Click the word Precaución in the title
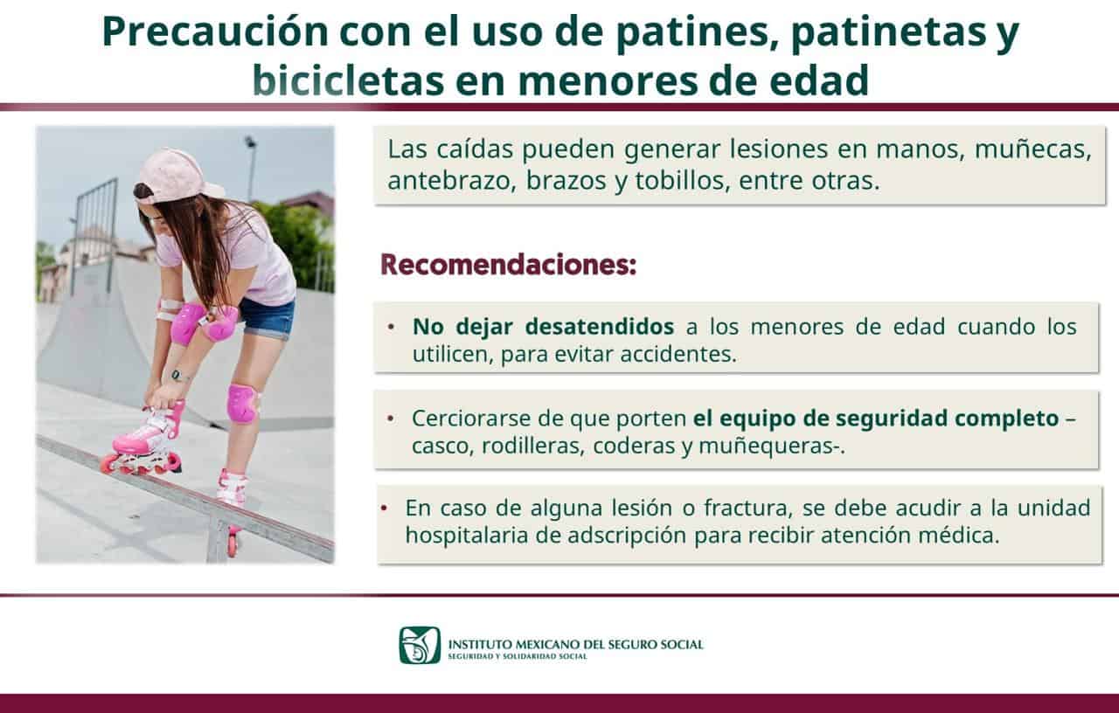pos(215,32)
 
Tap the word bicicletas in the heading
pos(348,81)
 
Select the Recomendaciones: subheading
pos(509,265)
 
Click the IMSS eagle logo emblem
pos(420,645)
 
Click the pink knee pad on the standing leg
pos(243,404)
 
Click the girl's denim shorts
pos(267,319)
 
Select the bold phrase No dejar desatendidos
pos(543,327)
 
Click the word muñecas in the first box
pos(1033,149)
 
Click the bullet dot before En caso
pos(384,509)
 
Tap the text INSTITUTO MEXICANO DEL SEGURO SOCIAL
pos(575,645)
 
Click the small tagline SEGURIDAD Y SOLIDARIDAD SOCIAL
pos(518,656)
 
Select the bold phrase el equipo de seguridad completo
pos(876,419)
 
